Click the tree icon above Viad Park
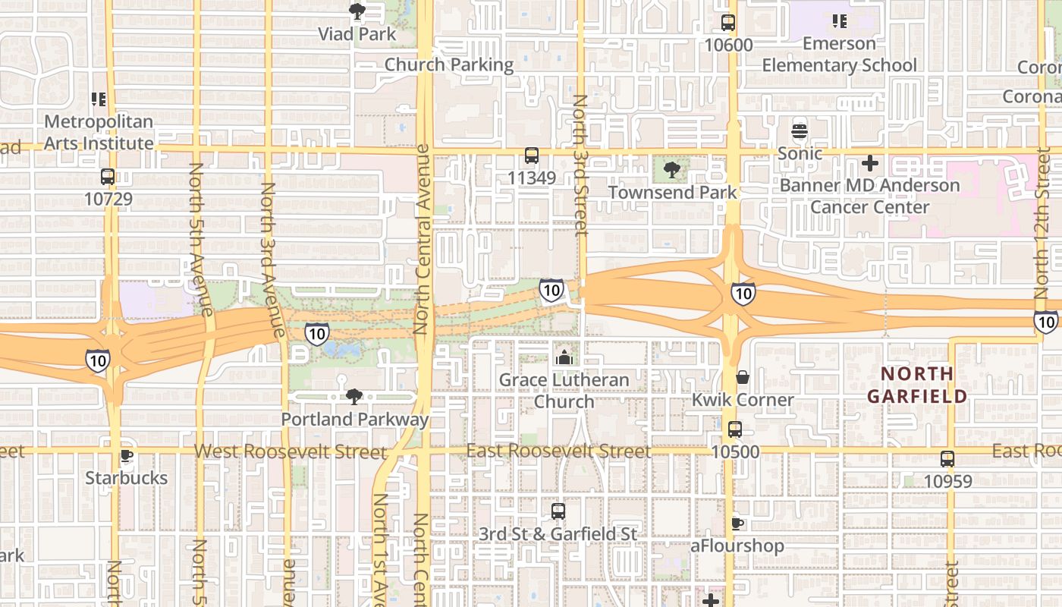[x=357, y=11]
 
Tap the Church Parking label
[x=449, y=64]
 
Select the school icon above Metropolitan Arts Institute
[x=98, y=99]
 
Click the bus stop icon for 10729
[x=108, y=178]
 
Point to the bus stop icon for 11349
[x=532, y=156]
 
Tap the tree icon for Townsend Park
[x=671, y=170]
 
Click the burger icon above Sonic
[x=800, y=131]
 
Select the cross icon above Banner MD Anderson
[x=870, y=163]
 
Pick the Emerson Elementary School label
[x=839, y=55]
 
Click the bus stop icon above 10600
[x=728, y=23]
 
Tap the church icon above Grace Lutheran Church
[x=564, y=357]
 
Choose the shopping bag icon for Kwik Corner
[x=743, y=377]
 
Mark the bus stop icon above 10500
[x=734, y=429]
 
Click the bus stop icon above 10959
[x=947, y=459]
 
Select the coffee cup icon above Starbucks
[x=127, y=456]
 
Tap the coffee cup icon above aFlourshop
[x=737, y=524]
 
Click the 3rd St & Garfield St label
[x=558, y=534]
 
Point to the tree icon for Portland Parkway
[x=354, y=397]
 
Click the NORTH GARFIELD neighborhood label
[x=918, y=385]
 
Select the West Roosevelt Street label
[x=290, y=452]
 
